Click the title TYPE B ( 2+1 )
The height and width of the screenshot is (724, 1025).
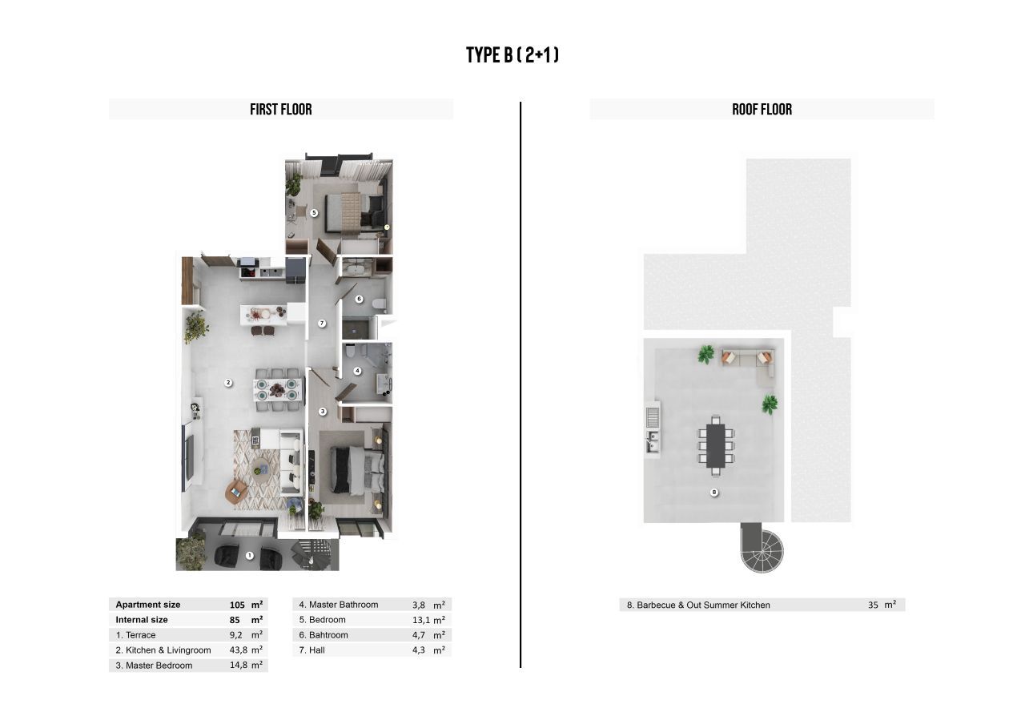[512, 55]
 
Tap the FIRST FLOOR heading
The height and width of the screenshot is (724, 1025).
[281, 110]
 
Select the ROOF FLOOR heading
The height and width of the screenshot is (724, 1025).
[762, 110]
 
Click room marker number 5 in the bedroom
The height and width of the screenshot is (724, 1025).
[314, 213]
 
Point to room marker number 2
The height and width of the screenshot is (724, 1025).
[228, 383]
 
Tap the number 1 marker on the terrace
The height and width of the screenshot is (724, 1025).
[249, 556]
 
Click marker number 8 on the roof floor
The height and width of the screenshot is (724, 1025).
[714, 493]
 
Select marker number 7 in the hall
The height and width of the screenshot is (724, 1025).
[322, 324]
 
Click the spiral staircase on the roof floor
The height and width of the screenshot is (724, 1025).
[762, 549]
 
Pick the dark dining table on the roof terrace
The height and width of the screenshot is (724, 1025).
[716, 446]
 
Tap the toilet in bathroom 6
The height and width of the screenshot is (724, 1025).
[380, 304]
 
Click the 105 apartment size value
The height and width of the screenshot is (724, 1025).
[237, 605]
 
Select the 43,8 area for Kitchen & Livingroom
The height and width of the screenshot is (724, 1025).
[239, 650]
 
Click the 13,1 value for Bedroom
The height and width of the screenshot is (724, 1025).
[421, 620]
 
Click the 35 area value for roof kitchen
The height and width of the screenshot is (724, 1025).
[873, 605]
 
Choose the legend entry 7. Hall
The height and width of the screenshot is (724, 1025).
[312, 650]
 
